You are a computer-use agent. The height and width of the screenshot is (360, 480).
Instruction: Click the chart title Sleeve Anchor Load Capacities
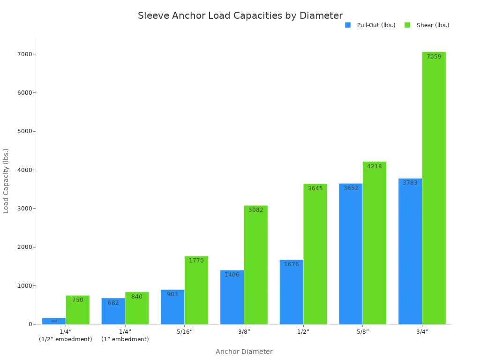click(x=240, y=15)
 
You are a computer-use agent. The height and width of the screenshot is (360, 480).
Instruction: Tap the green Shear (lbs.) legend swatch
click(x=407, y=25)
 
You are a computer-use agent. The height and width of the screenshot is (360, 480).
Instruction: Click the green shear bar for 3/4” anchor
click(x=434, y=187)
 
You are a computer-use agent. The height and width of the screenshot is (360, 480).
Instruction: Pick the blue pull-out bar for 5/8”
click(x=351, y=253)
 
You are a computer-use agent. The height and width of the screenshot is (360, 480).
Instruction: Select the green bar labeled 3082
click(x=255, y=265)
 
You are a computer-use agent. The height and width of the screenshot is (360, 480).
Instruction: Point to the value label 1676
click(x=291, y=264)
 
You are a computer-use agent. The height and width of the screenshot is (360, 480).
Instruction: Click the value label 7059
click(x=434, y=57)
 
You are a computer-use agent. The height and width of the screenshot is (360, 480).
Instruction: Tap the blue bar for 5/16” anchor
click(x=172, y=307)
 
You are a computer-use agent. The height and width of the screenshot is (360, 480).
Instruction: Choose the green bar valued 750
click(x=77, y=310)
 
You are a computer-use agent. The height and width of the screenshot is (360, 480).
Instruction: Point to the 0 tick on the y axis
click(x=30, y=324)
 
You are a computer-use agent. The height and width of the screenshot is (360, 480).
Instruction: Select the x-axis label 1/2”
click(x=303, y=332)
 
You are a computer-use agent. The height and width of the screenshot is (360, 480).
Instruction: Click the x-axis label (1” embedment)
click(x=125, y=339)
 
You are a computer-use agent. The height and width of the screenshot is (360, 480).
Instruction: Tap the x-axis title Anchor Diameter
click(x=244, y=352)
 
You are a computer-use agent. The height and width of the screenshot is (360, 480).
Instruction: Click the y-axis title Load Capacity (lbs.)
click(x=6, y=181)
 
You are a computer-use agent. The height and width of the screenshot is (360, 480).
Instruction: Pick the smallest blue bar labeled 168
click(x=54, y=321)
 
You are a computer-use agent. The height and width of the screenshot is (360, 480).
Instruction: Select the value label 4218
click(x=374, y=166)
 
